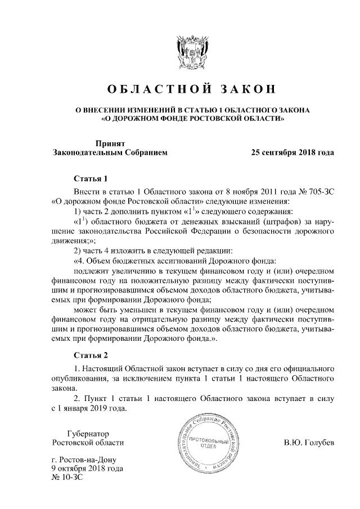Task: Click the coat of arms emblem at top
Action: click(x=190, y=53)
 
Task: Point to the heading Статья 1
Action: click(x=91, y=179)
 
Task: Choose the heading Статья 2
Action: click(x=91, y=355)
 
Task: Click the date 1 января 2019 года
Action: click(x=91, y=409)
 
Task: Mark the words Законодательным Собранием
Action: click(x=109, y=152)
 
